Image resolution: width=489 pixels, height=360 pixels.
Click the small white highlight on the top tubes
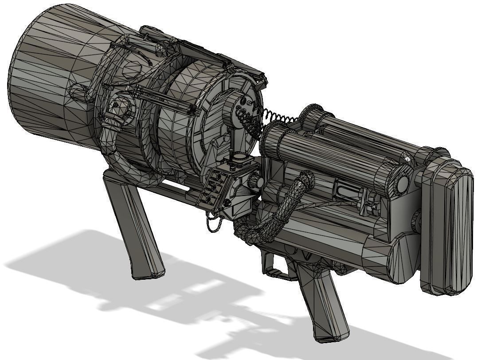[407, 158]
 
